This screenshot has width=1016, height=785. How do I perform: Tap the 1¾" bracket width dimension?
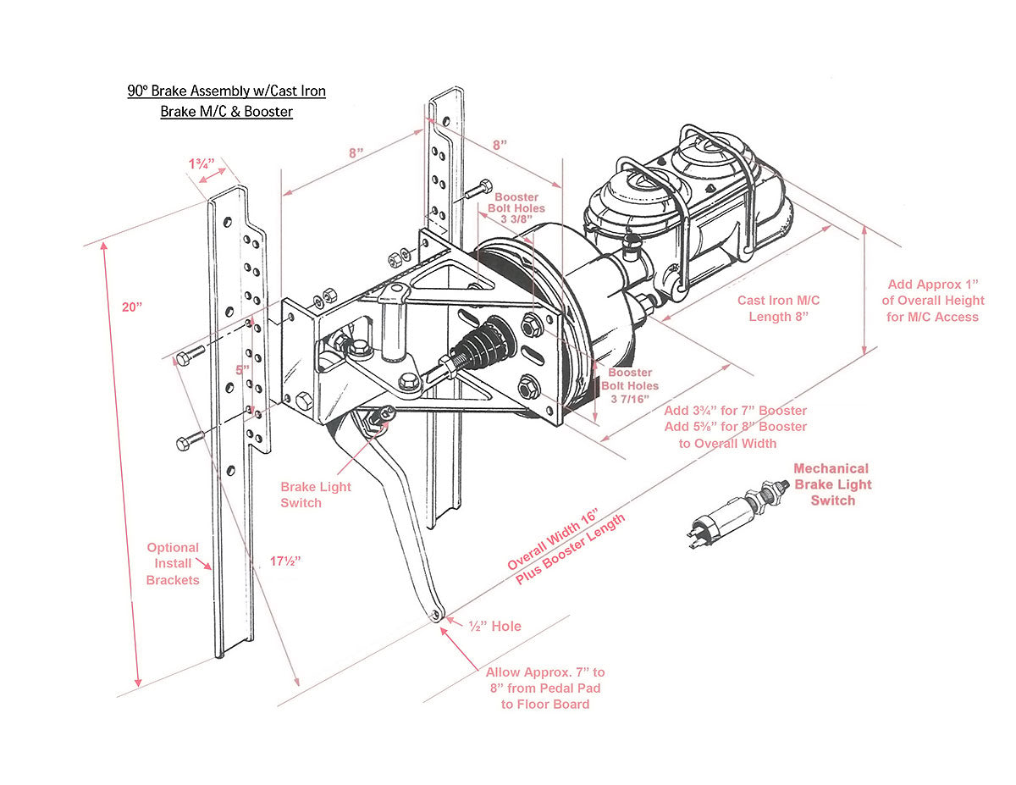tap(201, 163)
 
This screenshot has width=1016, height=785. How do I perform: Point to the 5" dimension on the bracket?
tap(243, 370)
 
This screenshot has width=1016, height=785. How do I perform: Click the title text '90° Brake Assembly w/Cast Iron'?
tap(226, 91)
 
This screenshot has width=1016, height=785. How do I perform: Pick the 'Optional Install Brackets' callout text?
tap(173, 564)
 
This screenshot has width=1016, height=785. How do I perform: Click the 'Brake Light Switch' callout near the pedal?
tap(315, 495)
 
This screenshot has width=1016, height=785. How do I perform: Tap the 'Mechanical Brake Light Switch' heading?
tap(831, 484)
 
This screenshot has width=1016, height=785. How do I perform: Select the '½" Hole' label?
tap(495, 626)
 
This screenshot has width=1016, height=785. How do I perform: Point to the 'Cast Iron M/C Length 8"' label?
tap(778, 308)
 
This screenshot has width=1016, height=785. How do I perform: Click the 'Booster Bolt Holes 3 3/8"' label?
tap(516, 208)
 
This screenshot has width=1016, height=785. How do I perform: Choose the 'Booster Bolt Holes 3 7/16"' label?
tap(629, 385)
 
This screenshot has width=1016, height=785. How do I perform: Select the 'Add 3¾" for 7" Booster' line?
tap(735, 411)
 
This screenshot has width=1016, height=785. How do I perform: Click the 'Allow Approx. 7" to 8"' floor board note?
tap(545, 688)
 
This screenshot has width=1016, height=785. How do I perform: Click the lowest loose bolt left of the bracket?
tap(190, 442)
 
